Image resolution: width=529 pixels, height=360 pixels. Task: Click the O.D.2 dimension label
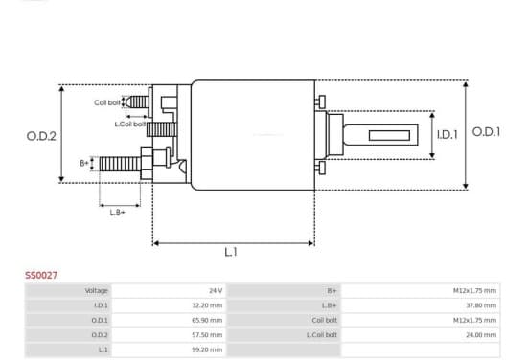coord(41,136)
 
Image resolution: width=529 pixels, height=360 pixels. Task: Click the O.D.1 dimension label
coord(486,132)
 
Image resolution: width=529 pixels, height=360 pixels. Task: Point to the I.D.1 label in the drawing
coord(448,135)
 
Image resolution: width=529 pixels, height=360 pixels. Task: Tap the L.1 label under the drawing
coord(231,252)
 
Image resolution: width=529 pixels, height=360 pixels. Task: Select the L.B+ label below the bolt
coord(118,213)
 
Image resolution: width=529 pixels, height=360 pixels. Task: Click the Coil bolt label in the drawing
coord(107,102)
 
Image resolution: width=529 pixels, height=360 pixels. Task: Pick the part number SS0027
coord(41,276)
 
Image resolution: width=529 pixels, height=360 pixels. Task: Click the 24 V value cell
coord(169,290)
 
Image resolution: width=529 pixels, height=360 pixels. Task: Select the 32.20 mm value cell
coord(169,305)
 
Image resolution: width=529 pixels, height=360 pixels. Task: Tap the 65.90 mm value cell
coord(169,320)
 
